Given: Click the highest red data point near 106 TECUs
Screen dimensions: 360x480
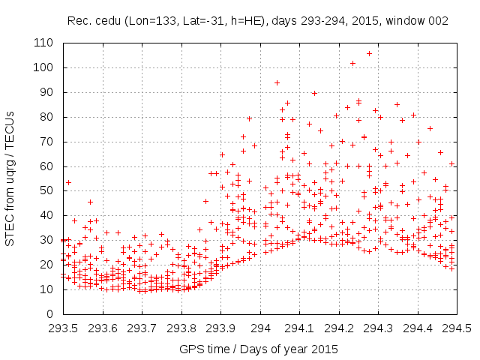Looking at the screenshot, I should click(369, 53).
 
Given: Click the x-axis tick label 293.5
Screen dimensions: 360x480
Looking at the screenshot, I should click(64, 328).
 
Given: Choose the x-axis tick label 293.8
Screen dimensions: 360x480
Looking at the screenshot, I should click(181, 328).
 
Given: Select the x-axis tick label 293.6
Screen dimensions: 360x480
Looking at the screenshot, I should click(103, 328).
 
